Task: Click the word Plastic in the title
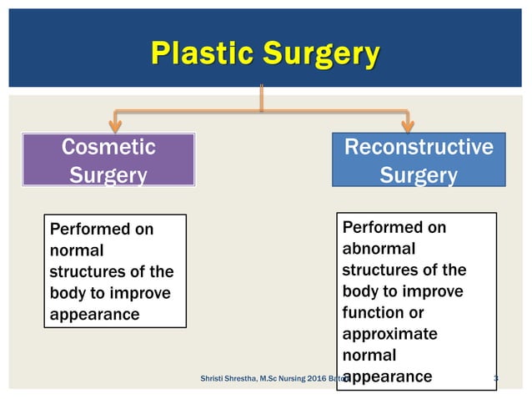click(203, 54)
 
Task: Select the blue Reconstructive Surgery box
click(419, 160)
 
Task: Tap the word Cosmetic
click(108, 147)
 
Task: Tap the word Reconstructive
click(419, 147)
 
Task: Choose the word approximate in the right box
click(389, 334)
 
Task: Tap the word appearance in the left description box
click(94, 315)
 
